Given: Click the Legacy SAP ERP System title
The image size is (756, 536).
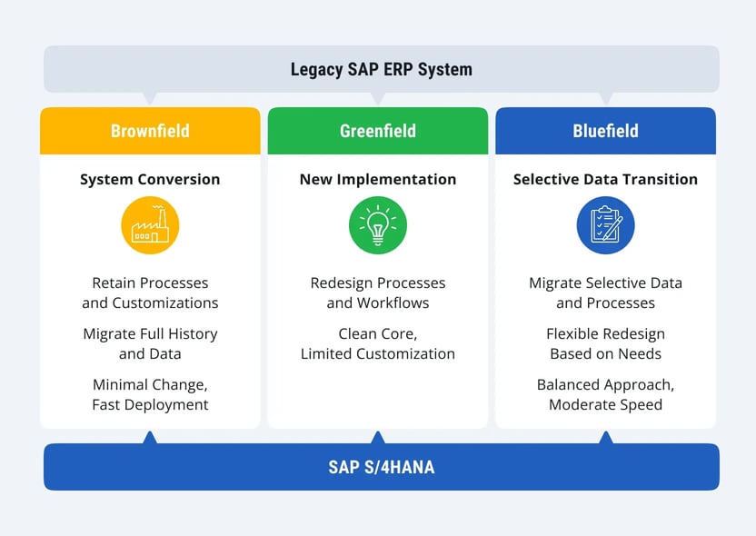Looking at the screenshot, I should [x=381, y=69].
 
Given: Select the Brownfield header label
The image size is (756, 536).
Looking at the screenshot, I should [x=150, y=131].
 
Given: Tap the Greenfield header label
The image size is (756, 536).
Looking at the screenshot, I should [x=377, y=131].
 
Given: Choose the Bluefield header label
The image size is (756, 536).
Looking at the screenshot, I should [x=605, y=131].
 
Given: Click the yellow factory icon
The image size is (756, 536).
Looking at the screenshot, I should [x=150, y=225].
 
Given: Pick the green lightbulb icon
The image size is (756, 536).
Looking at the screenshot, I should [x=377, y=225].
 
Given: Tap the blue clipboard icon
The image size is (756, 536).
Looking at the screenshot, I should [x=605, y=225].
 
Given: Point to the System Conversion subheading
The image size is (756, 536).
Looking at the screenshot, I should [x=150, y=179].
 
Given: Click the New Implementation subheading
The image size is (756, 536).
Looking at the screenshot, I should [x=377, y=179].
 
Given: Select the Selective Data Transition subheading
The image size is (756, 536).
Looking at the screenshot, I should [x=605, y=179].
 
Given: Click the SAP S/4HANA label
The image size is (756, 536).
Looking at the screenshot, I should [x=381, y=468].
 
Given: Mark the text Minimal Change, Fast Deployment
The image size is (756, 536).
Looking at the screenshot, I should [x=150, y=394].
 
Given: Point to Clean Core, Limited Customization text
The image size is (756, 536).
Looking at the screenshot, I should [x=377, y=343].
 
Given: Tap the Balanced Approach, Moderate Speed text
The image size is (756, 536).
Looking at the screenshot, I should [x=605, y=394].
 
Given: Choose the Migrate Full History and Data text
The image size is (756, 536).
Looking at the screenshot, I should [x=150, y=343].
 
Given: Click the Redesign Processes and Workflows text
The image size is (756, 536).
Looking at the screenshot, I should [x=377, y=293].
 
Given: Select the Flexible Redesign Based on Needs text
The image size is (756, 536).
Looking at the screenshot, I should [x=605, y=343].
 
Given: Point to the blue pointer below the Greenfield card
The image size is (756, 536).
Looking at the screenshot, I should [x=378, y=438].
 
